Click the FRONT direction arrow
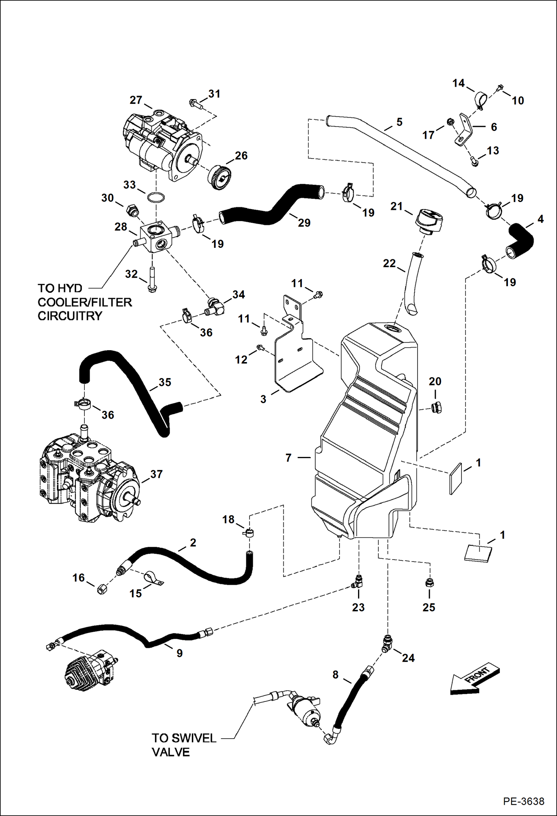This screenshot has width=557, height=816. [474, 679]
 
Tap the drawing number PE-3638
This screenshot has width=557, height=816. [524, 801]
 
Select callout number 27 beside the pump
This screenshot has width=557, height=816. [136, 100]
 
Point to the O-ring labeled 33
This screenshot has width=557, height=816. [156, 198]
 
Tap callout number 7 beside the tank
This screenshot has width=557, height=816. [288, 458]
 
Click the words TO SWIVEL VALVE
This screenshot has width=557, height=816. [184, 745]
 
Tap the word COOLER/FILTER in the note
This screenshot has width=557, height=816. [85, 302]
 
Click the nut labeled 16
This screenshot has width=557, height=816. [102, 589]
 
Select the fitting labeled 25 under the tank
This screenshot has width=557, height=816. [429, 583]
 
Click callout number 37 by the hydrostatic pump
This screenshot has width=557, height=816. [156, 474]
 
